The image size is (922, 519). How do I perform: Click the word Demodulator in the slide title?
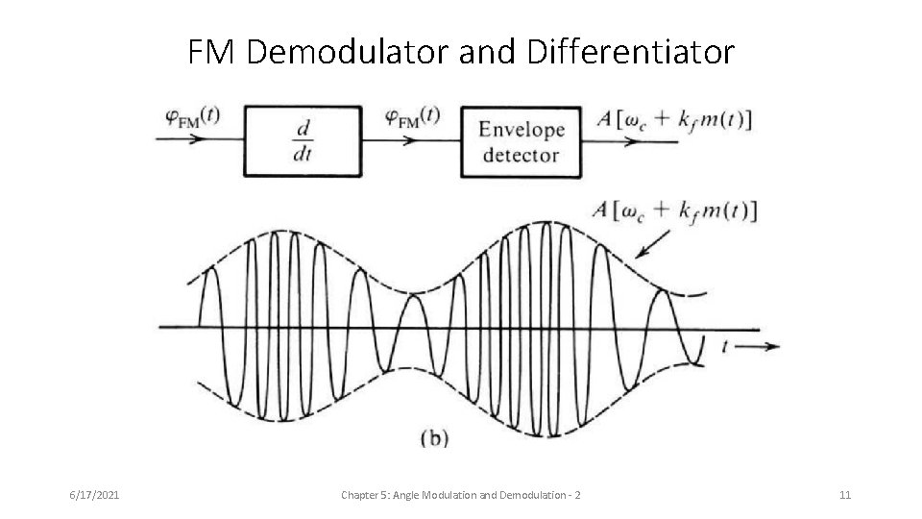coord(347,52)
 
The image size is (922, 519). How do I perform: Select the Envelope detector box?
coord(521,141)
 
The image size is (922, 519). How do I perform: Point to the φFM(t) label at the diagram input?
coord(192,116)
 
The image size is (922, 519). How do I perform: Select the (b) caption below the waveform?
coord(434,438)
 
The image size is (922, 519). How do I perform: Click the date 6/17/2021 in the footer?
coord(94,495)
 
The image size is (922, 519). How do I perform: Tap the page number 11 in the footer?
coord(845,495)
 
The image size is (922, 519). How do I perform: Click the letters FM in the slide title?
coord(213,52)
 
